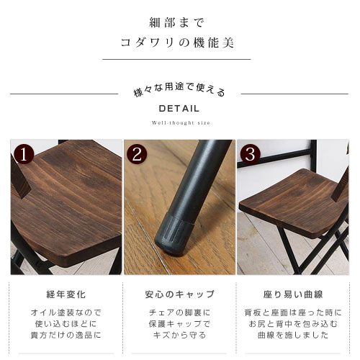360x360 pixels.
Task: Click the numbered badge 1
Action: click(x=24, y=155)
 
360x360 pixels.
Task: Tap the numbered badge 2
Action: click(x=137, y=155)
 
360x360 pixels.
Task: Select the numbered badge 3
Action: click(x=251, y=155)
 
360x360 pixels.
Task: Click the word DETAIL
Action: click(x=179, y=109)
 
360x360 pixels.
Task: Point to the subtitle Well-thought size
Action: click(x=181, y=123)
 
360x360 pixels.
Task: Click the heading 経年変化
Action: click(x=66, y=294)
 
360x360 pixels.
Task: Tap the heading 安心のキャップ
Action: click(x=179, y=294)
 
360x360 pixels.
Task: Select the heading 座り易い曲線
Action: click(x=293, y=294)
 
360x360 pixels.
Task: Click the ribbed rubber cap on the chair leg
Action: click(x=174, y=233)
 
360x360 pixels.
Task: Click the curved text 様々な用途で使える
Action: click(x=179, y=90)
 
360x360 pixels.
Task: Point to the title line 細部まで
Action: click(x=177, y=23)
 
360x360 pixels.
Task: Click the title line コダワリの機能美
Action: click(x=177, y=43)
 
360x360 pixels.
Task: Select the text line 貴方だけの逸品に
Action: click(x=66, y=335)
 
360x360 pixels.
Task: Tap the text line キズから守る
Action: click(x=179, y=335)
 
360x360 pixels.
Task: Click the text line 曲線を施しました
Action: click(x=293, y=335)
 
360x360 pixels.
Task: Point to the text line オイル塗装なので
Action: click(x=66, y=312)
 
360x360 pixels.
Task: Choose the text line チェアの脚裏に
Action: click(x=179, y=312)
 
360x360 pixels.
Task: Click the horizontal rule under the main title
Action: click(x=176, y=59)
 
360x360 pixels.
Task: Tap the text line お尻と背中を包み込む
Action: click(x=293, y=324)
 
